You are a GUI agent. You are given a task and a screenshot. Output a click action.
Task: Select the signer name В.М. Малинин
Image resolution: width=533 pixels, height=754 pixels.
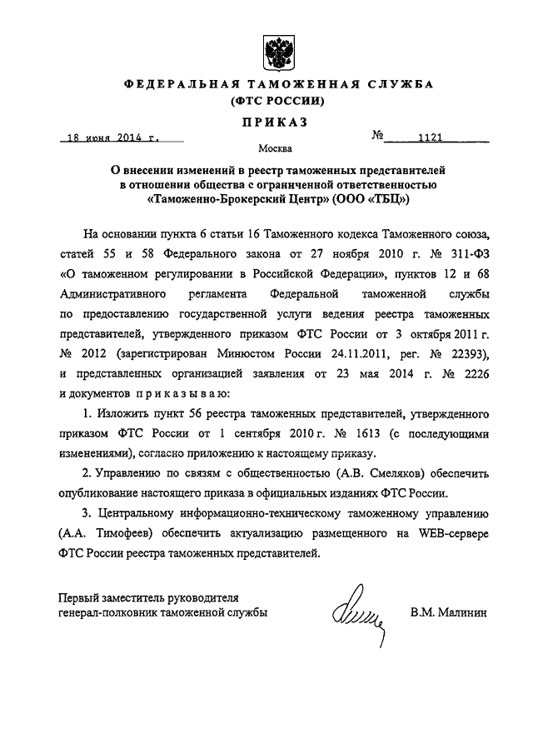click(x=449, y=612)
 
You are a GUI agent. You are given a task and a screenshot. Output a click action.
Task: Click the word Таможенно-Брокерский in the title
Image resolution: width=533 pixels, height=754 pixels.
click(x=213, y=200)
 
